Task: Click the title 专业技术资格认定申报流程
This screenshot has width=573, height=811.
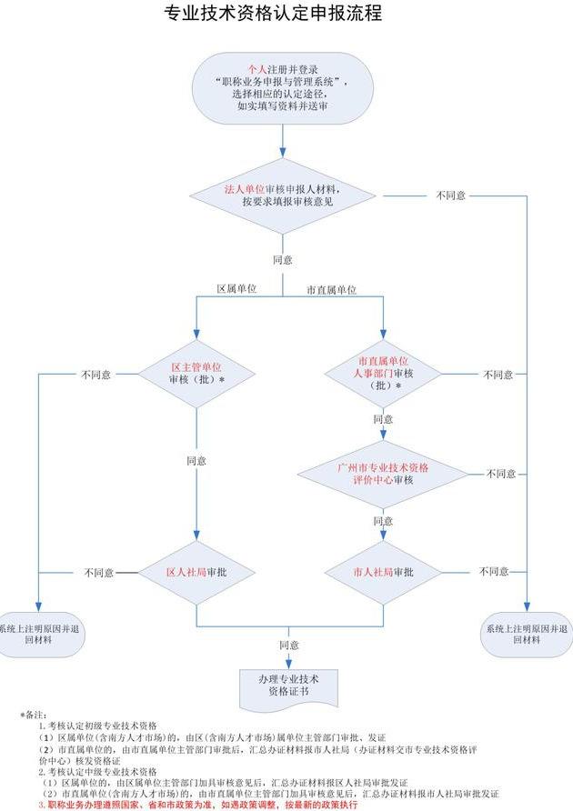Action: click(x=272, y=15)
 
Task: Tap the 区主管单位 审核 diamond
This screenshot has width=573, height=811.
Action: click(x=196, y=373)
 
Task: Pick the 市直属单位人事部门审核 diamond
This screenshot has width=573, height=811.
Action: click(x=383, y=373)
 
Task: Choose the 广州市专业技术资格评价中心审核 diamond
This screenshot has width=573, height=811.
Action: click(x=383, y=473)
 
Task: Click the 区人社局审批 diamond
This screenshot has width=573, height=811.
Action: click(x=196, y=573)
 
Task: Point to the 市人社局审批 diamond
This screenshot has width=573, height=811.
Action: click(x=383, y=572)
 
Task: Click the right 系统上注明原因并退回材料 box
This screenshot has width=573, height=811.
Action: click(x=527, y=633)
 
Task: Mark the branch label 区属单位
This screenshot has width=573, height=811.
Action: click(x=236, y=288)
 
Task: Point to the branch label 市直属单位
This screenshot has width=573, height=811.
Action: click(x=330, y=290)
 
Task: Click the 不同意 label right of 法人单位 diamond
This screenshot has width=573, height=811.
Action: click(x=452, y=195)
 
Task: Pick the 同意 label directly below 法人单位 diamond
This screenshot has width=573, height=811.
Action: click(x=283, y=259)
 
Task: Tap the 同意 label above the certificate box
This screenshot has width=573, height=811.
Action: click(x=289, y=645)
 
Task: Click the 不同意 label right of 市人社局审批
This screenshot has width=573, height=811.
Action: click(x=494, y=571)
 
